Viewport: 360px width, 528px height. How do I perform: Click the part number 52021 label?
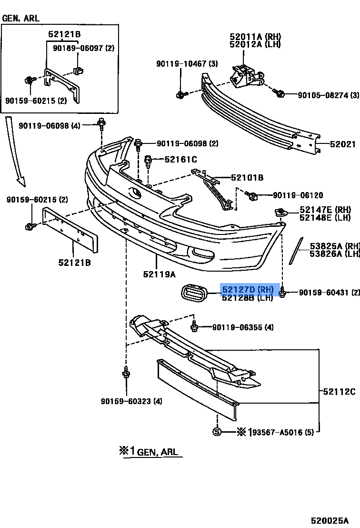click(x=342, y=143)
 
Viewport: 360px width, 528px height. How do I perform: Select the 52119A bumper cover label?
click(x=159, y=274)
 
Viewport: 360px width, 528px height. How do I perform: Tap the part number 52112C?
click(x=339, y=392)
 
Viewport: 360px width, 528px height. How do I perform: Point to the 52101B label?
click(x=247, y=178)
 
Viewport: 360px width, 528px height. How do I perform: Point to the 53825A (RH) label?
click(x=334, y=246)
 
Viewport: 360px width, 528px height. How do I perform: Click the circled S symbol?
click(x=217, y=432)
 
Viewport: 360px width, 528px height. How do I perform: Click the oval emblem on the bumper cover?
click(x=135, y=193)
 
